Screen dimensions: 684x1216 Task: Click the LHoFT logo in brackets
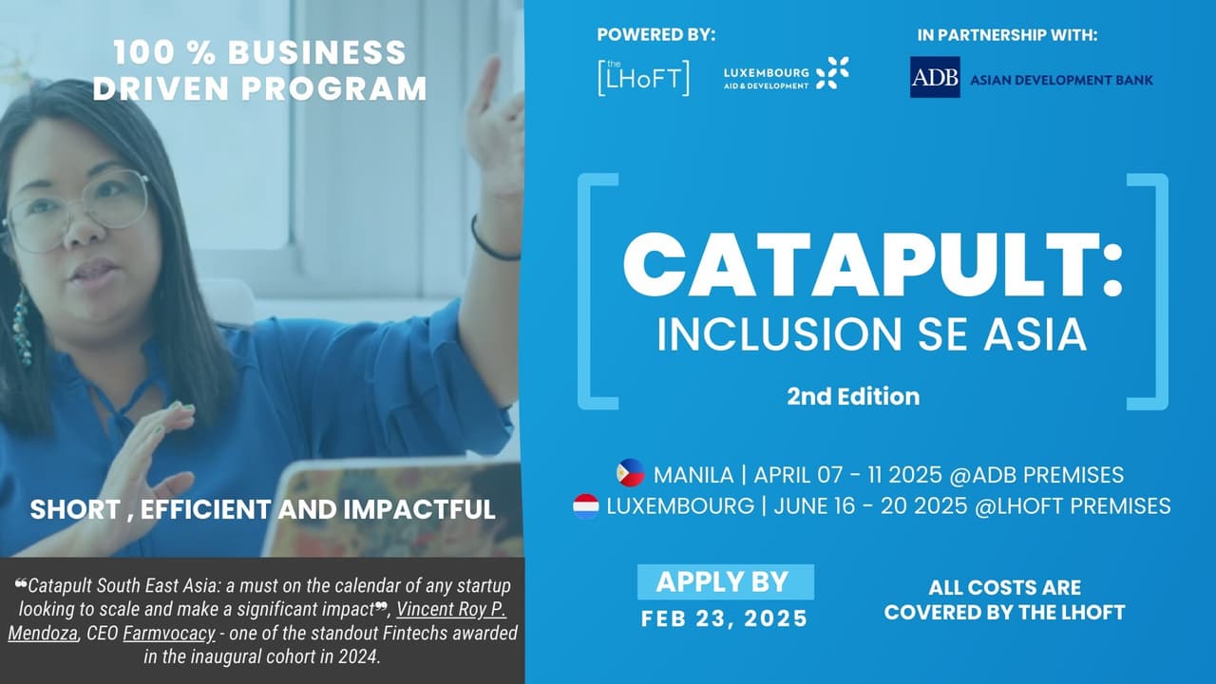(643, 77)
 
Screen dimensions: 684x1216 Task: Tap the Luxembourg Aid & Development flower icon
(832, 73)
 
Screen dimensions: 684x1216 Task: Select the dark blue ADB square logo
(935, 77)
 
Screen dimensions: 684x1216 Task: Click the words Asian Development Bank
(1061, 80)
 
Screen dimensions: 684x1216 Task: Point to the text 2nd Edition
(853, 396)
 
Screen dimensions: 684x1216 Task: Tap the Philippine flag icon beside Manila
(630, 473)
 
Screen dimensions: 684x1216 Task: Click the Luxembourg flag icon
(586, 505)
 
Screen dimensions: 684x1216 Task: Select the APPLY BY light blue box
(724, 581)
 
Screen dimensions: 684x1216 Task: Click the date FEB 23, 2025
(724, 619)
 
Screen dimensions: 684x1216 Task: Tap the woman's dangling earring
(21, 327)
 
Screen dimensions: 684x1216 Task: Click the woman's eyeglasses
(81, 209)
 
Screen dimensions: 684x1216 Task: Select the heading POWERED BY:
(655, 35)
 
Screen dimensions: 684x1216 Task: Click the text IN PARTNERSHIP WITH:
(1007, 35)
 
